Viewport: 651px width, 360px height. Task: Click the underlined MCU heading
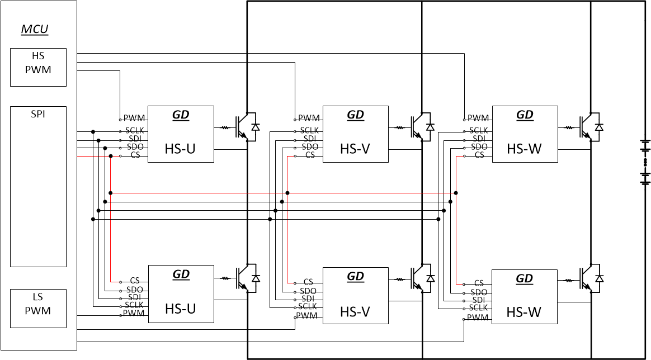pos(35,30)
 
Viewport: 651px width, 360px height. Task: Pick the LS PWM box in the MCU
pos(38,308)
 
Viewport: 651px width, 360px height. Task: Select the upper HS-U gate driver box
pos(181,134)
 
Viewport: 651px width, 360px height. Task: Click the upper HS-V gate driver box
pos(355,134)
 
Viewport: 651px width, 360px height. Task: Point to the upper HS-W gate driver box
pos(524,134)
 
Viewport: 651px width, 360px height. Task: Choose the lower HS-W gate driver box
pos(524,296)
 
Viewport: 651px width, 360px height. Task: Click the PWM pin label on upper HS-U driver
pos(134,119)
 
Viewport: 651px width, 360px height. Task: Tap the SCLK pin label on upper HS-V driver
pos(309,130)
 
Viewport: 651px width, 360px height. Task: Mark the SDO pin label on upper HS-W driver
pos(478,147)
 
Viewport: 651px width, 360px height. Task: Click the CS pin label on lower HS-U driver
pos(135,281)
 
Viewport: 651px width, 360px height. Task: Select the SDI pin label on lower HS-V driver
pos(308,299)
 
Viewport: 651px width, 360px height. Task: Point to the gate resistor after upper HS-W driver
pos(569,127)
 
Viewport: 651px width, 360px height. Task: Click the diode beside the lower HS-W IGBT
pos(599,278)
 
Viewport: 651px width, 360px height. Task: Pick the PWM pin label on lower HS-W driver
pos(478,317)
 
